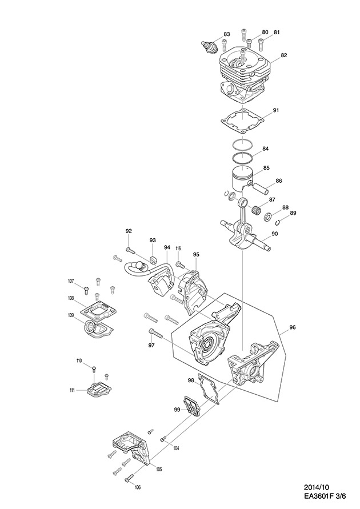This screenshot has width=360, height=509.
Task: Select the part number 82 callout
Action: click(284, 55)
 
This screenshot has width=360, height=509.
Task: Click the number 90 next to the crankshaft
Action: click(275, 234)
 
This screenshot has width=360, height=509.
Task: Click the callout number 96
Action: click(292, 327)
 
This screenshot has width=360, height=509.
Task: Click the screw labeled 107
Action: click(86, 290)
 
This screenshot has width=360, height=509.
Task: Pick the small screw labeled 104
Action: click(163, 439)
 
